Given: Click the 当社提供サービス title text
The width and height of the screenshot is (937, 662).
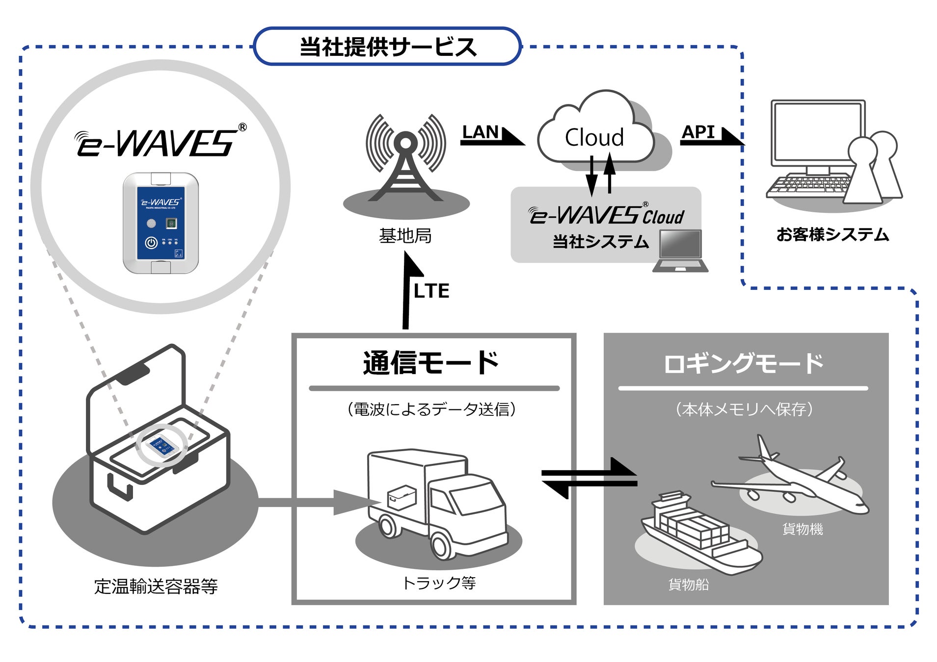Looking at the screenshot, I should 387,47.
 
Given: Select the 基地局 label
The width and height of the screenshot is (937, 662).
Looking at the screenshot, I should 405,236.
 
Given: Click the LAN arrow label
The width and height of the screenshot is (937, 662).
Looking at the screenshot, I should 480,132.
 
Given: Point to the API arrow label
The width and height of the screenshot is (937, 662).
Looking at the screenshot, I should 698,132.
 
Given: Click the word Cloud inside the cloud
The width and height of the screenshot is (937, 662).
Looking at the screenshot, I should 594,137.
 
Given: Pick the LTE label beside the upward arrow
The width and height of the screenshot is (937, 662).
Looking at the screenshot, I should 431,291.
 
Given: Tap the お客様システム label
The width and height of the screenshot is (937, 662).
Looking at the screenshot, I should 832,234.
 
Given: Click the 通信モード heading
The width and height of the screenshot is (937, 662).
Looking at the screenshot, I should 431,363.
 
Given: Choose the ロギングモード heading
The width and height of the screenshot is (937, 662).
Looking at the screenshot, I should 743,363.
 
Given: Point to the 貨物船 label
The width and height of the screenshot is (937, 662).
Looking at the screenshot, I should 688,584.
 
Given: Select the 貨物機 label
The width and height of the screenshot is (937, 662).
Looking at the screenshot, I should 802,529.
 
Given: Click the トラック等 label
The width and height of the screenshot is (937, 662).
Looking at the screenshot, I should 439,583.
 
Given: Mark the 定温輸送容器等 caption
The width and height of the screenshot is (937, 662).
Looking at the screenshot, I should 156,586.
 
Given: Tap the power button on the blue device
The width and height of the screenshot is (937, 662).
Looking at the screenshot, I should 151,242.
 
